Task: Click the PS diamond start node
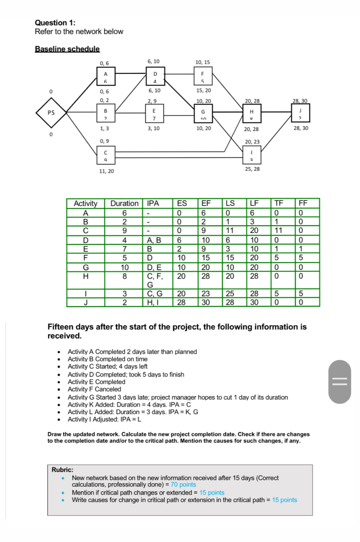coord(51,113)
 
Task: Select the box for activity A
coord(106,76)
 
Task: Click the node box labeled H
coord(252,113)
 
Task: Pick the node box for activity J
coord(300,113)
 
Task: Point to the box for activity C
coord(106,155)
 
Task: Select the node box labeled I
coord(252,155)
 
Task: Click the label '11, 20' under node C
coord(106,171)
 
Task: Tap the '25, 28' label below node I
coord(252,169)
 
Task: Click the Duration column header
coord(124,204)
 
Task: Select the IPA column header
coord(153,204)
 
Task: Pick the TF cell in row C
coord(278,231)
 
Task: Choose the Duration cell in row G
coord(124,267)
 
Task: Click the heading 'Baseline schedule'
coord(67,49)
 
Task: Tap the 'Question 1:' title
coord(55,23)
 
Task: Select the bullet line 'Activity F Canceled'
coord(94,389)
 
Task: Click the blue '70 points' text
coord(183,485)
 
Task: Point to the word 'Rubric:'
coord(62,470)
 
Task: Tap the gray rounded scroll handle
coord(339,382)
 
